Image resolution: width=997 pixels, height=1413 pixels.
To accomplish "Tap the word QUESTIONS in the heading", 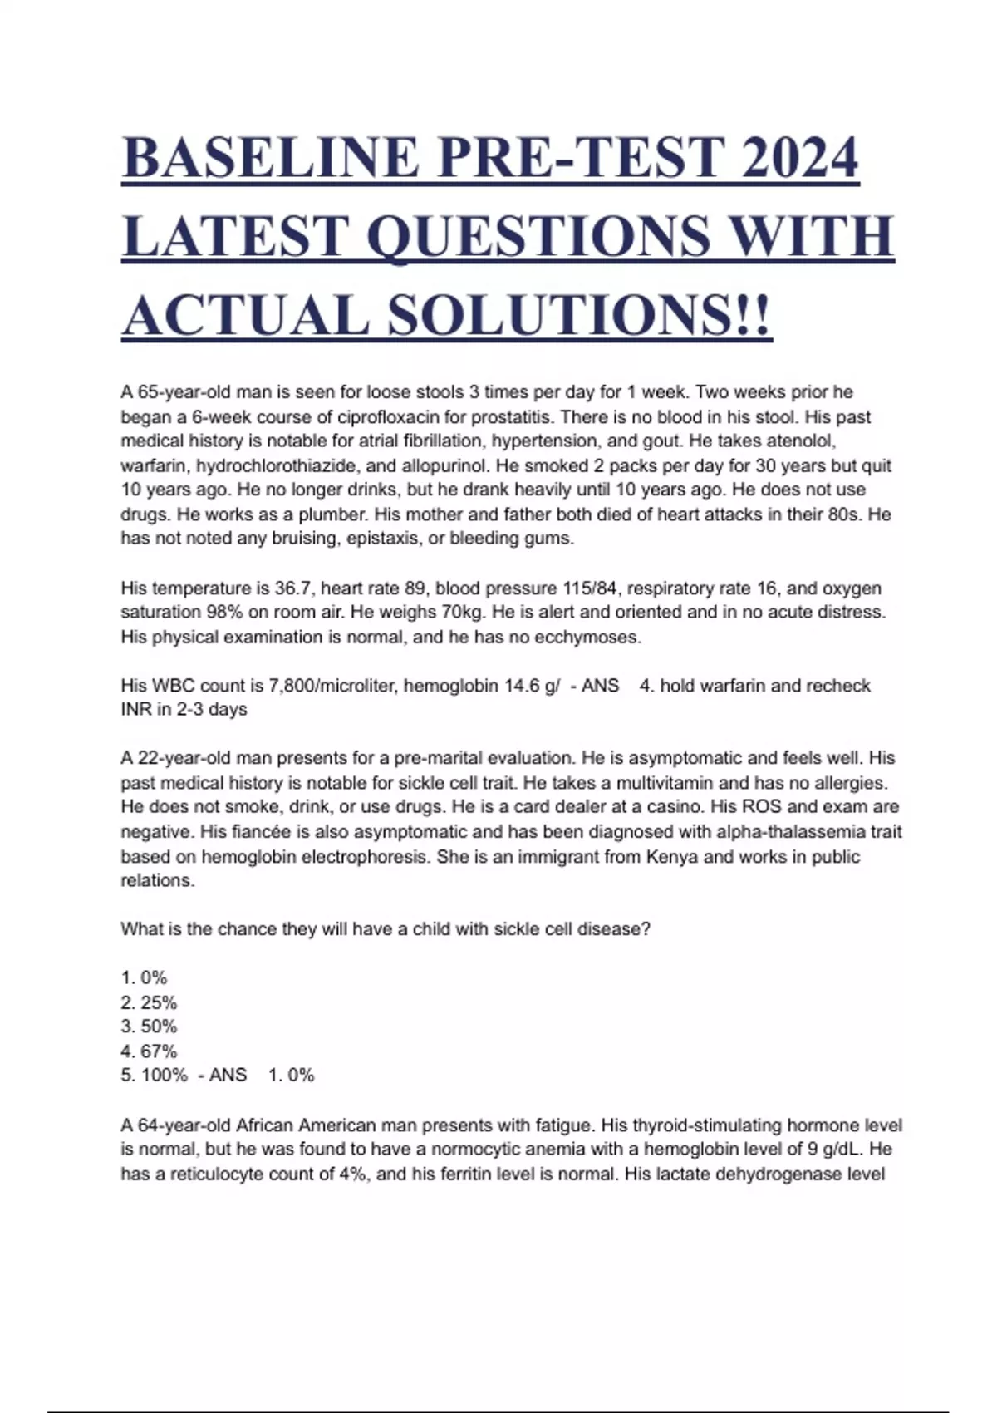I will (538, 236).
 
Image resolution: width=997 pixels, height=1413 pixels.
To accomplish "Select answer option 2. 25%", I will (149, 1002).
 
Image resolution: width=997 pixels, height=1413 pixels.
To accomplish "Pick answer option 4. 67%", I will (149, 1051).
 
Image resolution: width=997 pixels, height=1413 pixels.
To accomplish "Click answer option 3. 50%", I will (149, 1027).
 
